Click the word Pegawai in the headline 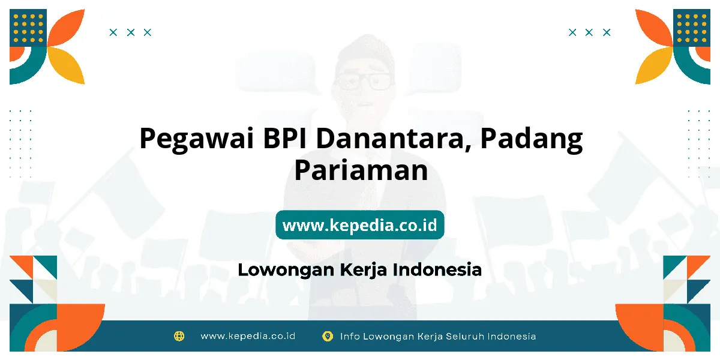click(197, 139)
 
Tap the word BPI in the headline click(285, 138)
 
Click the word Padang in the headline click(532, 139)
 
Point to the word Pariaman click(361, 170)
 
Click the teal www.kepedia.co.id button click(359, 224)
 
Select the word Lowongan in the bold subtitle click(286, 270)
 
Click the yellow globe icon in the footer click(179, 336)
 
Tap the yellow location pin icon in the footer click(327, 336)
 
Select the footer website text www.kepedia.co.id click(248, 336)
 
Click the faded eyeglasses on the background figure click(364, 81)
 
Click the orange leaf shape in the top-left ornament click(66, 28)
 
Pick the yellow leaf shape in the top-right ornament click(654, 65)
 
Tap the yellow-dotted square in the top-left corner click(28, 28)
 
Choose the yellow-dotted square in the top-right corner click(692, 28)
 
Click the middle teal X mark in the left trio click(131, 32)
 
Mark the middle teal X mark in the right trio click(589, 32)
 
